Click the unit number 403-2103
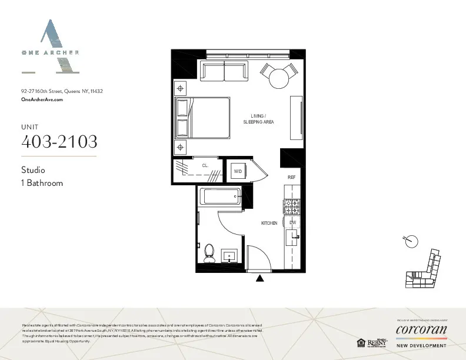coord(59,142)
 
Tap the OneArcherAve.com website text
coord(42,100)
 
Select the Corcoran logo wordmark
coord(421,329)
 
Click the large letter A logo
coord(50,47)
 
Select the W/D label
coord(238,171)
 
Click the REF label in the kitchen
coord(291,177)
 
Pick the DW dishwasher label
coord(292,222)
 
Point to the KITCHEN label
coord(269,224)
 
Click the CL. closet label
coord(205,166)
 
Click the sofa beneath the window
coord(224,72)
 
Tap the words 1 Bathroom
coord(42,183)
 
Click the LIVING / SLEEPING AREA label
coord(259,119)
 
